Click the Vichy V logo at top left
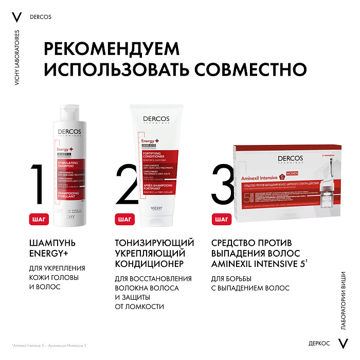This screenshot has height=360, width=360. pyautogui.click(x=16, y=16)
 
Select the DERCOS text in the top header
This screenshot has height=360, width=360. pyautogui.click(x=41, y=16)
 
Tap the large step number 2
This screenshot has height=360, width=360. pyautogui.click(x=125, y=185)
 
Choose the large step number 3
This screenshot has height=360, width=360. pyautogui.click(x=222, y=185)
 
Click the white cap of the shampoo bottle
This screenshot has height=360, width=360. pyautogui.click(x=75, y=113)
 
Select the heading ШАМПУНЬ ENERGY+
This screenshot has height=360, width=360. pyautogui.click(x=53, y=248)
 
